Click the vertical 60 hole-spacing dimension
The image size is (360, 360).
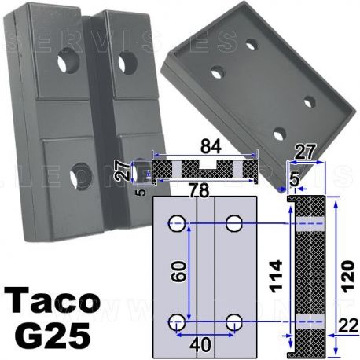click(x=180, y=274)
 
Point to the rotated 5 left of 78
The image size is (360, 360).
click(x=139, y=189)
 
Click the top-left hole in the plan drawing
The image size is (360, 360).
click(x=178, y=224)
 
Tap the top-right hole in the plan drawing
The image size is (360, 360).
click(x=233, y=224)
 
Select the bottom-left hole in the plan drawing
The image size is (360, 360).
click(x=178, y=321)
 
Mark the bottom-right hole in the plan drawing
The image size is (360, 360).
click(x=233, y=321)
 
